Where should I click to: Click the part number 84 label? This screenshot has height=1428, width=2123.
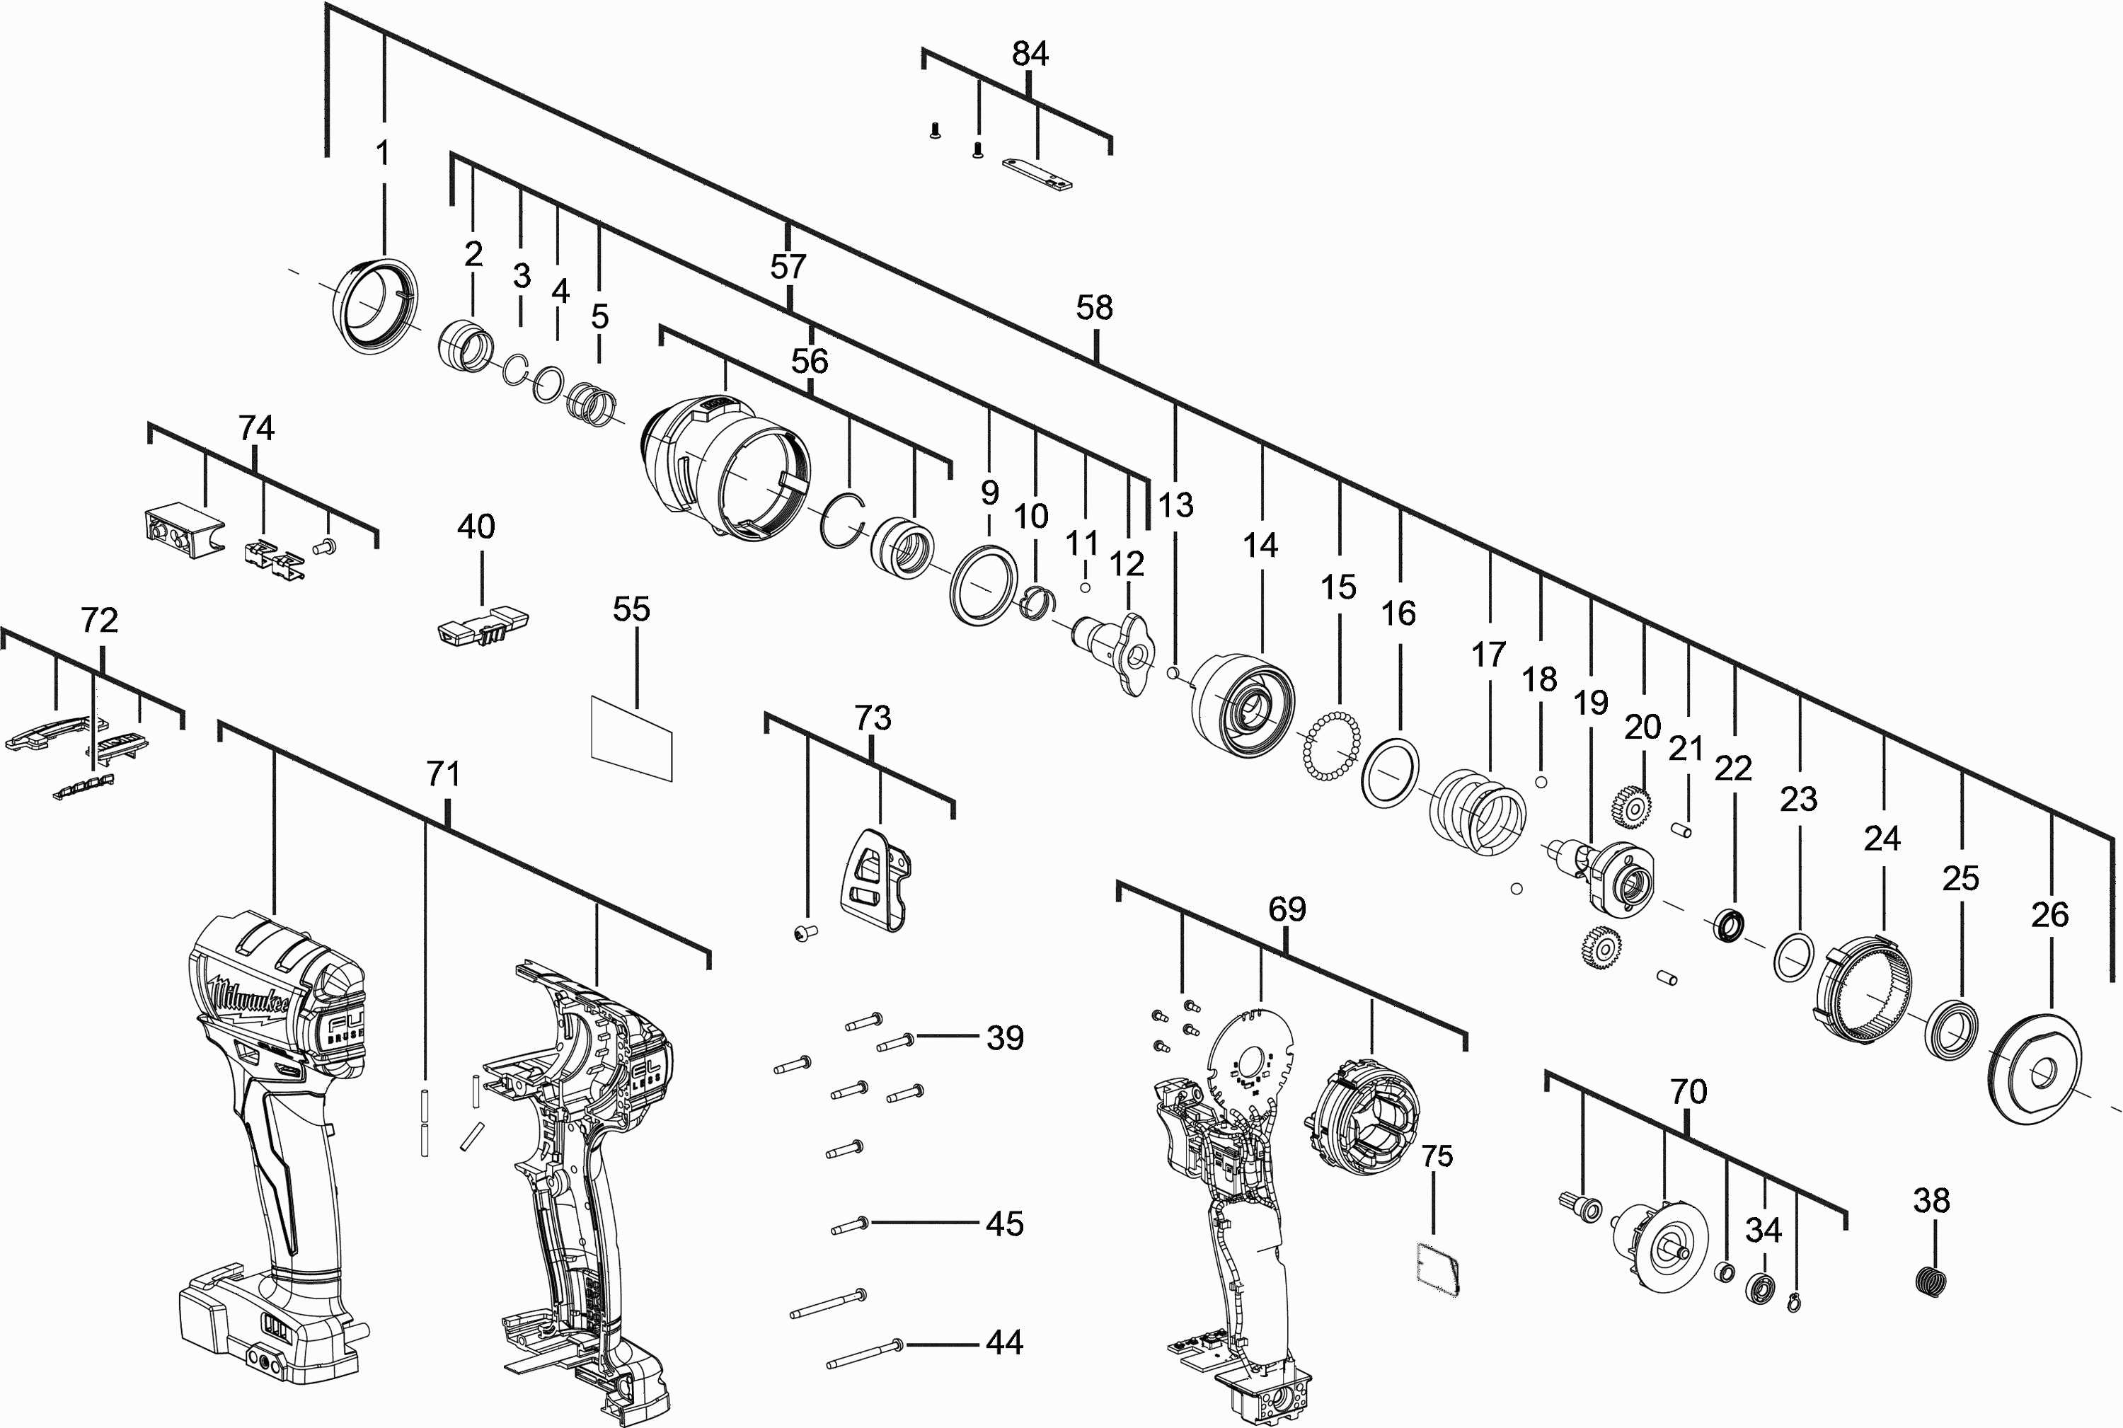[x=1030, y=54]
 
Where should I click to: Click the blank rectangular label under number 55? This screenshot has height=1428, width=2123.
[x=631, y=739]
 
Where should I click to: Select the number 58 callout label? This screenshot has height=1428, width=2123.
[x=1094, y=308]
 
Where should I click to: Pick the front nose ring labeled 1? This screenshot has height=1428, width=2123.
[x=374, y=305]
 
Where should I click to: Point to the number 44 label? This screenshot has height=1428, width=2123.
[x=1005, y=1342]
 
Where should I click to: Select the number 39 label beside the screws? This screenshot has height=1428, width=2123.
[x=1006, y=1037]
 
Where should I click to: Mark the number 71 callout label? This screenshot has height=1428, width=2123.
[x=444, y=774]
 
